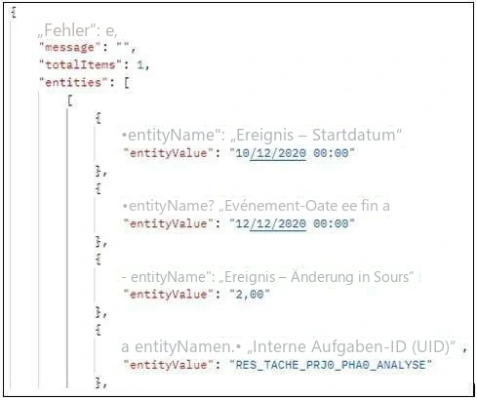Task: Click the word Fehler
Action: coord(67,30)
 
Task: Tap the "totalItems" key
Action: coord(80,64)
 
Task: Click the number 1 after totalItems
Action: coord(140,65)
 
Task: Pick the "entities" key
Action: coord(73,82)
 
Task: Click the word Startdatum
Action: coord(354,135)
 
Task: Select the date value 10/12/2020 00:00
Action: coord(292,153)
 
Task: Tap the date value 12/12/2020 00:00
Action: coord(292,223)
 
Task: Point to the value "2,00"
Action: coord(250,294)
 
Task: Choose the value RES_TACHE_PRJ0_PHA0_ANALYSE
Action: coord(331,365)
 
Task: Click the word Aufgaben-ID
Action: coord(359,346)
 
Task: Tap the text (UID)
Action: coord(431,346)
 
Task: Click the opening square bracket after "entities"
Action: coord(127,83)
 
